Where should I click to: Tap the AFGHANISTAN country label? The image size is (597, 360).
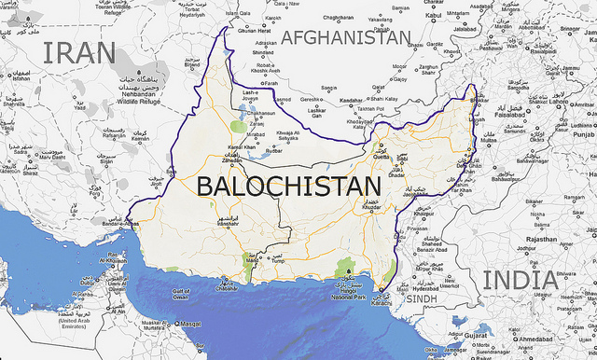click(346, 37)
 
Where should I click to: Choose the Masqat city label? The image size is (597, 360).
click(190, 325)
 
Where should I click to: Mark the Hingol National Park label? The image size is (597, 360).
click(346, 297)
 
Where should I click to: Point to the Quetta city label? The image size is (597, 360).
click(380, 157)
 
